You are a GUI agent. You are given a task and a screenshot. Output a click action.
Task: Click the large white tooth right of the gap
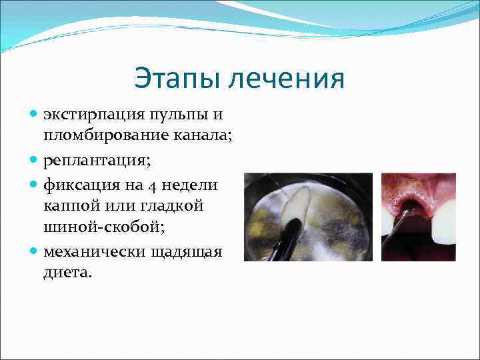[443, 219]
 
